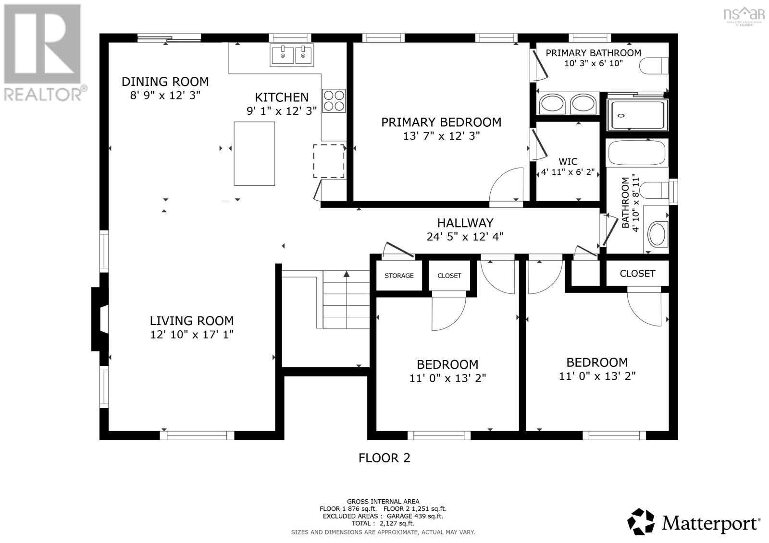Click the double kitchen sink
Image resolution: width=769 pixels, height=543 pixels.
(x=292, y=55)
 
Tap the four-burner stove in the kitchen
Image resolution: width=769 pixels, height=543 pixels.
(x=334, y=101)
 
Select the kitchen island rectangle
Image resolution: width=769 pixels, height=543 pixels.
(x=254, y=154)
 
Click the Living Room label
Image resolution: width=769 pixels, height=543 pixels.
(x=192, y=321)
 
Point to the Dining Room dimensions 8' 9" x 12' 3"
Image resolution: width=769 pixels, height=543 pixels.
(x=165, y=96)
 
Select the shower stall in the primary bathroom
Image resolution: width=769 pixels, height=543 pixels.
(x=637, y=115)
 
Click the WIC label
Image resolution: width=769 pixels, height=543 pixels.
(x=568, y=162)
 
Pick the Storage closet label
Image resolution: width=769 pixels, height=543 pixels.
(x=399, y=276)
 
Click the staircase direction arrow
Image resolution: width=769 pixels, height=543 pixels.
(x=347, y=275)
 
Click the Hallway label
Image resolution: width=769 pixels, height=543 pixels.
(x=465, y=223)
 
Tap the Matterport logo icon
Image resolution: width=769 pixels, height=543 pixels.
(x=641, y=521)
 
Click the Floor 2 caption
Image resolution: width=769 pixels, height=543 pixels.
(x=384, y=458)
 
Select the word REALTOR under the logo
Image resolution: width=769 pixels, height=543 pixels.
(x=43, y=94)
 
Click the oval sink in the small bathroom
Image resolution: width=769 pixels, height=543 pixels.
(x=657, y=234)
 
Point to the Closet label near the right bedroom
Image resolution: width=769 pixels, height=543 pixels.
(x=637, y=274)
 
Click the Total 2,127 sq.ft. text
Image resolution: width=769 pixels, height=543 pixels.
(x=383, y=523)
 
